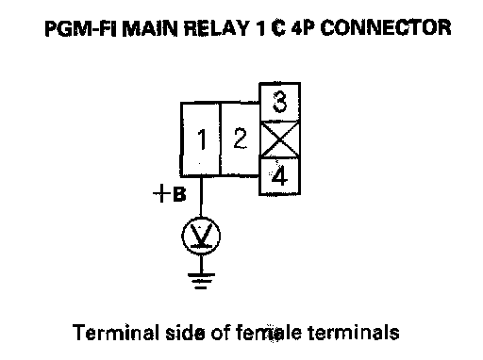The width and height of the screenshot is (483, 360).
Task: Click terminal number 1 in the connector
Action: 200,139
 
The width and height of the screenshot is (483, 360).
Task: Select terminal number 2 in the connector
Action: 240,139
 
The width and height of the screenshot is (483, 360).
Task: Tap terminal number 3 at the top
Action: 279,102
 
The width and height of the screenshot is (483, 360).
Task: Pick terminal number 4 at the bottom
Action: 279,176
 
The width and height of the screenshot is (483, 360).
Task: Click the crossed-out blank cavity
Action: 279,139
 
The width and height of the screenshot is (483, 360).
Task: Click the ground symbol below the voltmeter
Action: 201,281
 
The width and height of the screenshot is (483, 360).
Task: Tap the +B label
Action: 169,193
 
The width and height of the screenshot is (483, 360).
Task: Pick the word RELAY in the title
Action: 216,27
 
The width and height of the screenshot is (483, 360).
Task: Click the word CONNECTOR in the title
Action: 386,27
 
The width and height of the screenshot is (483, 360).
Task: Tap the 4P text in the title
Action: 303,27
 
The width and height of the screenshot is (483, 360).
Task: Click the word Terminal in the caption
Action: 116,333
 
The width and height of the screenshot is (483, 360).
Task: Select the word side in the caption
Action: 185,333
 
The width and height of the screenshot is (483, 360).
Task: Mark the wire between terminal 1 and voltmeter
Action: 201,196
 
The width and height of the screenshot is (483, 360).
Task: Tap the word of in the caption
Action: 220,333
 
